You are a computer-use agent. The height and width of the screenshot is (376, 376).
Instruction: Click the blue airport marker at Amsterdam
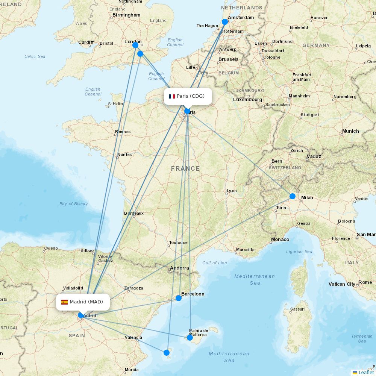pyautogui.click(x=225, y=22)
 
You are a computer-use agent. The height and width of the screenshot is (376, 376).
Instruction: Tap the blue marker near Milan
pyautogui.click(x=293, y=196)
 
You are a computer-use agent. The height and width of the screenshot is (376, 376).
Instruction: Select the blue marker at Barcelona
pyautogui.click(x=179, y=298)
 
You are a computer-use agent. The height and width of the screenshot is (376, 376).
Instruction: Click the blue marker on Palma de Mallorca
pyautogui.click(x=190, y=338)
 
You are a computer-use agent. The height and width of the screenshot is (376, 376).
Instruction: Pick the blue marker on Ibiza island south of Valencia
pyautogui.click(x=167, y=352)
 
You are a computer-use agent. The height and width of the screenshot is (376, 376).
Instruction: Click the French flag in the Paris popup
pyautogui.click(x=172, y=96)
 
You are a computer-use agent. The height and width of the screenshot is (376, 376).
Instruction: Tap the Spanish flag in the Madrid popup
pyautogui.click(x=64, y=302)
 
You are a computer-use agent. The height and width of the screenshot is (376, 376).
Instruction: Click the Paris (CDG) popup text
pyautogui.click(x=191, y=96)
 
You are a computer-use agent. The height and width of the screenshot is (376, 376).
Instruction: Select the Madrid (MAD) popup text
pyautogui.click(x=86, y=302)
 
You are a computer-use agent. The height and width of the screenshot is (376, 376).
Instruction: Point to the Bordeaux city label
pyautogui.click(x=134, y=213)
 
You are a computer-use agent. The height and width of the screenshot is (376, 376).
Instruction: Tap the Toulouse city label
pyautogui.click(x=178, y=243)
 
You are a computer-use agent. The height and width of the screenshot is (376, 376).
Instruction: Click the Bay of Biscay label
pyautogui.click(x=73, y=204)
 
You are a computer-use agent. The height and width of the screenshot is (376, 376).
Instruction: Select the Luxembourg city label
pyautogui.click(x=247, y=100)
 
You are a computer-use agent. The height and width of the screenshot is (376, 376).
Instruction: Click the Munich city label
pyautogui.click(x=350, y=131)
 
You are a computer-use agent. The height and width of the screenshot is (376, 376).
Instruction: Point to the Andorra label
pyautogui.click(x=179, y=268)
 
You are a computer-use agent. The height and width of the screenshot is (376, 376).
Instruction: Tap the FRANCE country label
pyautogui.click(x=185, y=168)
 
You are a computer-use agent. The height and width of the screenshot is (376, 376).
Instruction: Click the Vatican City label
pyautogui.click(x=342, y=284)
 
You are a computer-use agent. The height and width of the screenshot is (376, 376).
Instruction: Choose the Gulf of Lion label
pyautogui.click(x=214, y=263)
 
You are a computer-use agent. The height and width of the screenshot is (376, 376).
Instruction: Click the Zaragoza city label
pyautogui.click(x=133, y=288)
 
